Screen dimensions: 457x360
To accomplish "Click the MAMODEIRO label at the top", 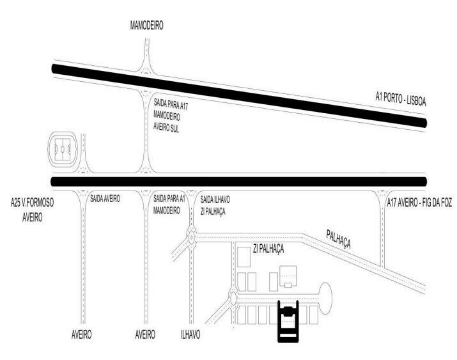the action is (146, 26).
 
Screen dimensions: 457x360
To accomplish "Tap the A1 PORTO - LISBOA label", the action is (401, 99).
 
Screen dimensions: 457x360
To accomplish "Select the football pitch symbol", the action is (63, 150).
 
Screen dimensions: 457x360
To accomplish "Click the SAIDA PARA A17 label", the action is (171, 104).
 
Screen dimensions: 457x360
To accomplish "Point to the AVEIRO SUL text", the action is (166, 127).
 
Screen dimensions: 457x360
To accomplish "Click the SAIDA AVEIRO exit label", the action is (105, 199).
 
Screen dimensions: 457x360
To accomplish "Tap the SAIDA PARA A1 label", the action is (169, 199).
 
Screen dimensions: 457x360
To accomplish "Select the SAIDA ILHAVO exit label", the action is (215, 200).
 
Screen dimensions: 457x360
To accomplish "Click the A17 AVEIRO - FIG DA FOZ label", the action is (419, 203).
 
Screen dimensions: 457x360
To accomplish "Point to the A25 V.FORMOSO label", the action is (32, 202).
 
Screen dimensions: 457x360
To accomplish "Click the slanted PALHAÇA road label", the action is (338, 239).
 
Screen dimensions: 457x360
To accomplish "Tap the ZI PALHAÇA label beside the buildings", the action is (268, 249).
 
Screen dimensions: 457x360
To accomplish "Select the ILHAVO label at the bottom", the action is (190, 334).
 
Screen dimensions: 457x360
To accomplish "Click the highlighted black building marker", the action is (288, 321).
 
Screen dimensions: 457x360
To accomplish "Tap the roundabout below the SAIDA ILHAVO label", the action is (192, 237).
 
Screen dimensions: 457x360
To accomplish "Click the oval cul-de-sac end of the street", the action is (325, 298).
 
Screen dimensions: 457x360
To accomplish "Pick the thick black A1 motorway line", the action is (239, 96).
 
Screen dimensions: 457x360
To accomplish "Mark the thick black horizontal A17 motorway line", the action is (238, 182).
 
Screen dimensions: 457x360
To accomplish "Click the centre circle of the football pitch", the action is (63, 150).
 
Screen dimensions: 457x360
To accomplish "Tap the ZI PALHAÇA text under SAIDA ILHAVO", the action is (213, 212).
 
